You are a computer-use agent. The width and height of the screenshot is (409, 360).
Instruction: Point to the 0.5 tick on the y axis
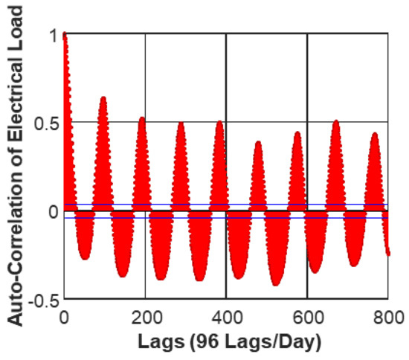pyautogui.click(x=45, y=122)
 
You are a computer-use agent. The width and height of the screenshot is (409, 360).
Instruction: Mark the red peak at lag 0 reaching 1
pyautogui.click(x=65, y=35)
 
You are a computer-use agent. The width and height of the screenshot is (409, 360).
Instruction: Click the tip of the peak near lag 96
pyautogui.click(x=103, y=97)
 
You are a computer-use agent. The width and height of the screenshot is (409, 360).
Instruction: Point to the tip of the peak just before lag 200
pyautogui.click(x=141, y=118)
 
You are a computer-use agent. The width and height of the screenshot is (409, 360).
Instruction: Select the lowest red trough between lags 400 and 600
pyautogui.click(x=275, y=284)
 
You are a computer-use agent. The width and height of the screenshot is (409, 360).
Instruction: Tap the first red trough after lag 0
pyautogui.click(x=84, y=258)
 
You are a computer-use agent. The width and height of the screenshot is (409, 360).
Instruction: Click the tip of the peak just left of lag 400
pyautogui.click(x=219, y=121)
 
